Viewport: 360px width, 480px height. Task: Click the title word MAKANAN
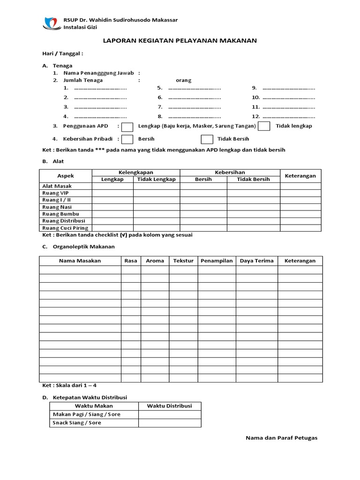pos(240,41)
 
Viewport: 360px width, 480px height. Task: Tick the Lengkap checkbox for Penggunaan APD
pos(127,127)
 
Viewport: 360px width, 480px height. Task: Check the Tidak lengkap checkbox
pos(264,127)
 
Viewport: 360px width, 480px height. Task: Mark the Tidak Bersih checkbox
pos(207,139)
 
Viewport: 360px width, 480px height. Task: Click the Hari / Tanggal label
pos(63,54)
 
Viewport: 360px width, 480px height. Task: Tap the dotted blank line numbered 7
pos(195,107)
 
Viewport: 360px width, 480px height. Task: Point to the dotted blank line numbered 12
pos(289,116)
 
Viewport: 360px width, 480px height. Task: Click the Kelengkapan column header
pos(135,172)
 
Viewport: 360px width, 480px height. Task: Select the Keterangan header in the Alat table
pos(300,176)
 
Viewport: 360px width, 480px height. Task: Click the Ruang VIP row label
pos(55,193)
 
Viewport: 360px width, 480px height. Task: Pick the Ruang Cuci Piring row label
pos(65,228)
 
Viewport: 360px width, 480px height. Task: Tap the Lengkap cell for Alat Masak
pos(112,186)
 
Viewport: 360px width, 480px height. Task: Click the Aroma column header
pos(155,261)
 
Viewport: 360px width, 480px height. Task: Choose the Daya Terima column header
pos(256,261)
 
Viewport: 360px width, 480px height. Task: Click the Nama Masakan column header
pos(80,261)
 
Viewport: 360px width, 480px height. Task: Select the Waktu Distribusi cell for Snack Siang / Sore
pos(170,423)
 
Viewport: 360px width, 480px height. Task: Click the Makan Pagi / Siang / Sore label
pos(87,414)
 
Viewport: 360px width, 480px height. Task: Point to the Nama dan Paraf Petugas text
pos(281,438)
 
